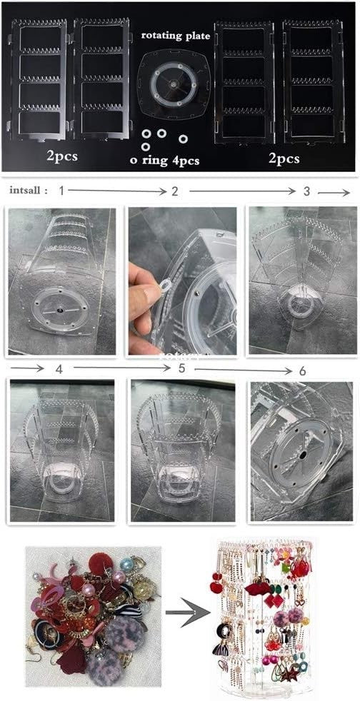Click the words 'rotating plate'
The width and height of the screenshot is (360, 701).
coord(175,36)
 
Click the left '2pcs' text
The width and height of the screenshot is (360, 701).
coord(62,156)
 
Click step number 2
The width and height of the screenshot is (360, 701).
coord(175,191)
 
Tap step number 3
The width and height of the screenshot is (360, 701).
coord(306,191)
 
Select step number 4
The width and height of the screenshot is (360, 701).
coord(59,368)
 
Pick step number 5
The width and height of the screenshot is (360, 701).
coord(181,368)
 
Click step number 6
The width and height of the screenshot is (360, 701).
coord(302,370)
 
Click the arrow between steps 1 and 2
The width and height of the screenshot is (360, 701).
coord(117,191)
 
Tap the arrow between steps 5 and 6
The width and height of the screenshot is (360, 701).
coord(244,370)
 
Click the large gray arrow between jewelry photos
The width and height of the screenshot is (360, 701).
coord(188,612)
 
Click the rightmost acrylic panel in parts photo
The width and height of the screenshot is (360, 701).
coord(314,81)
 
